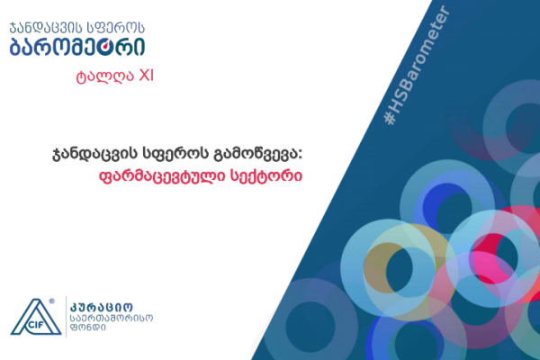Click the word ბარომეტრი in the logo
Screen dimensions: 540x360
pyautogui.click(x=77, y=47)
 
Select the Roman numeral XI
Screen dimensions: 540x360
pyautogui.click(x=146, y=76)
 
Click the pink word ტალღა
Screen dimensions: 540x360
pyautogui.click(x=104, y=76)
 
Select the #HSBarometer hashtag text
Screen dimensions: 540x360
pyautogui.click(x=417, y=65)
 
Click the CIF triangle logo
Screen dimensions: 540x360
pyautogui.click(x=36, y=317)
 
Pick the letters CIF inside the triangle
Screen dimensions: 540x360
pyautogui.click(x=34, y=325)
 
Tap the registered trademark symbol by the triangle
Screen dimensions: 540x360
pyautogui.click(x=51, y=301)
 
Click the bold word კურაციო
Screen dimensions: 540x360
pyautogui.click(x=101, y=307)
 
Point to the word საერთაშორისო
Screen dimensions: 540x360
pyautogui.click(x=112, y=318)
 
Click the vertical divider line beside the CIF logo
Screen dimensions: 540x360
pyautogui.click(x=66, y=316)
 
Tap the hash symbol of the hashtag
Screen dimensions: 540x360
pyautogui.click(x=390, y=118)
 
